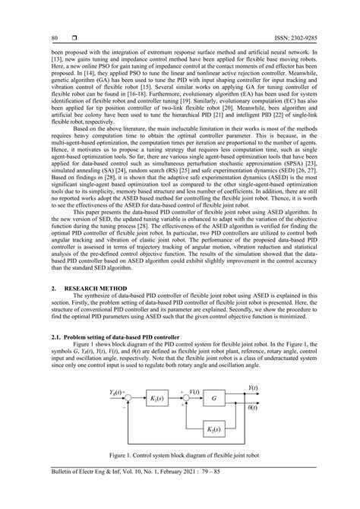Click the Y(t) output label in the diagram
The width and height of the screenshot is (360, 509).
pyautogui.click(x=251, y=387)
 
